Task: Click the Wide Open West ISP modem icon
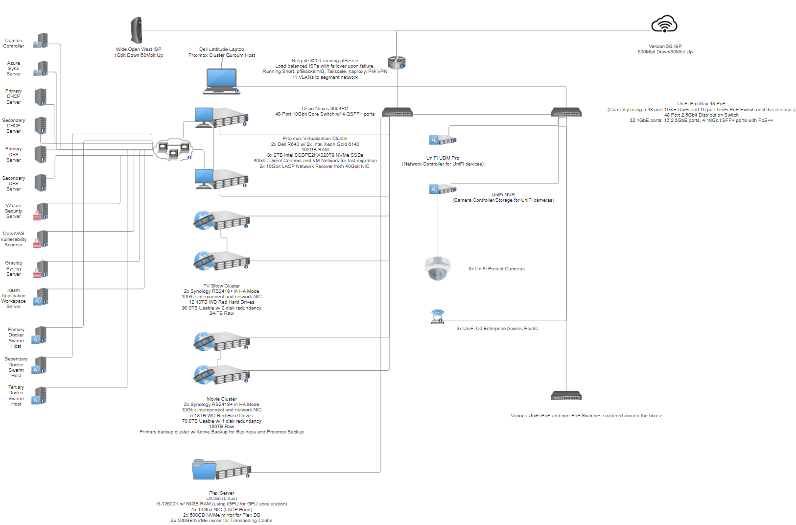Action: click(x=137, y=30)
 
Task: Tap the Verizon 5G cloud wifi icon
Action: click(x=664, y=24)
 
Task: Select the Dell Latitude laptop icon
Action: click(x=221, y=81)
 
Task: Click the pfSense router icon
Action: click(x=397, y=63)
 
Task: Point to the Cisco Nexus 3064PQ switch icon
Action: click(x=398, y=112)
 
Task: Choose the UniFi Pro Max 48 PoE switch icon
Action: click(x=566, y=112)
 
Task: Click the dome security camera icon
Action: click(x=438, y=268)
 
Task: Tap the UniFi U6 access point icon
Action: click(x=438, y=317)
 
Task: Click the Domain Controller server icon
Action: click(x=41, y=41)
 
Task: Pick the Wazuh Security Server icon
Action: click(x=41, y=212)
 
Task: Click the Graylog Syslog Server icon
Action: click(x=41, y=269)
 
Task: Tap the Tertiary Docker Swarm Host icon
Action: click(x=39, y=395)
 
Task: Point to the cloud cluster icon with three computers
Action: click(x=173, y=149)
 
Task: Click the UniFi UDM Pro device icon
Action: click(x=443, y=140)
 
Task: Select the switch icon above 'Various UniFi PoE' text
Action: click(x=566, y=396)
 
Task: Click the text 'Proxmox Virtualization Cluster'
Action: click(x=315, y=139)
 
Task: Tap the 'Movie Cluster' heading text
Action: click(x=221, y=399)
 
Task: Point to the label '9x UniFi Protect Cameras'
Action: click(x=496, y=269)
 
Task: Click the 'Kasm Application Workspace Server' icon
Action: click(x=41, y=297)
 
